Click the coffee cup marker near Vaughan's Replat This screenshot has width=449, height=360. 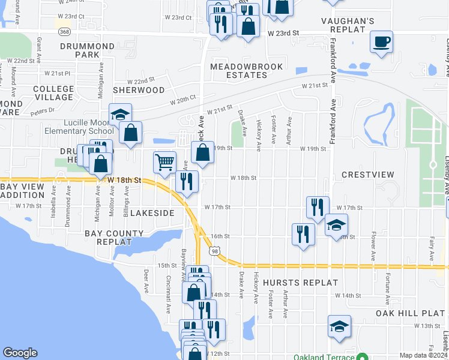(x=381, y=43)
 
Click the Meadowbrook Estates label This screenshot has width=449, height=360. (x=239, y=70)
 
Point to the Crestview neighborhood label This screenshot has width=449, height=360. (x=368, y=175)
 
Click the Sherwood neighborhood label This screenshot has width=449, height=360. (x=139, y=90)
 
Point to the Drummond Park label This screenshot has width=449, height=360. (x=87, y=50)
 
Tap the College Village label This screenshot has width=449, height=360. (x=53, y=93)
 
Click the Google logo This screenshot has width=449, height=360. (x=20, y=353)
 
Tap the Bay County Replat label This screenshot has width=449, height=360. (x=114, y=237)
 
